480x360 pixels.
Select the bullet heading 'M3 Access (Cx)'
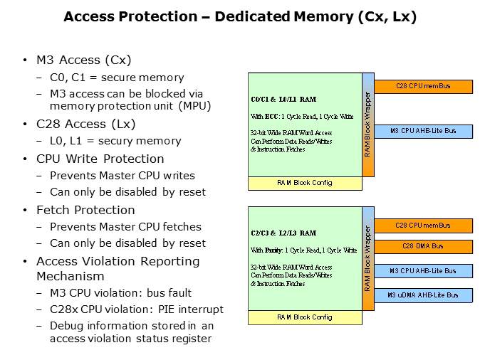tap(84, 60)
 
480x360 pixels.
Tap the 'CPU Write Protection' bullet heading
tap(100, 159)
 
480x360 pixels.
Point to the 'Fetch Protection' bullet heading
tap(85, 210)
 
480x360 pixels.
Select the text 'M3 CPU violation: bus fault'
tap(120, 293)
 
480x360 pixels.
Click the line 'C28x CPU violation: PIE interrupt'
tap(136, 309)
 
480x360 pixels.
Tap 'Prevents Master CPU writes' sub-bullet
tap(122, 175)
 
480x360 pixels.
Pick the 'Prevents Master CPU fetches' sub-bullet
tap(125, 227)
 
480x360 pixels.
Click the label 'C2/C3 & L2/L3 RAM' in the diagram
tap(283, 233)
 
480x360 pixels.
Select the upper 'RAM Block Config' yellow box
tap(305, 183)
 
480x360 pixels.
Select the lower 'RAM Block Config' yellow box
tap(305, 317)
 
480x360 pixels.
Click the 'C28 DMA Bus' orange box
tap(423, 246)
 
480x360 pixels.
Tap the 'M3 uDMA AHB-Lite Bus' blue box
tap(423, 295)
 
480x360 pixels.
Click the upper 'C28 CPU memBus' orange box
tap(423, 87)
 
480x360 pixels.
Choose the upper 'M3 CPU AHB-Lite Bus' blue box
tap(423, 131)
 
